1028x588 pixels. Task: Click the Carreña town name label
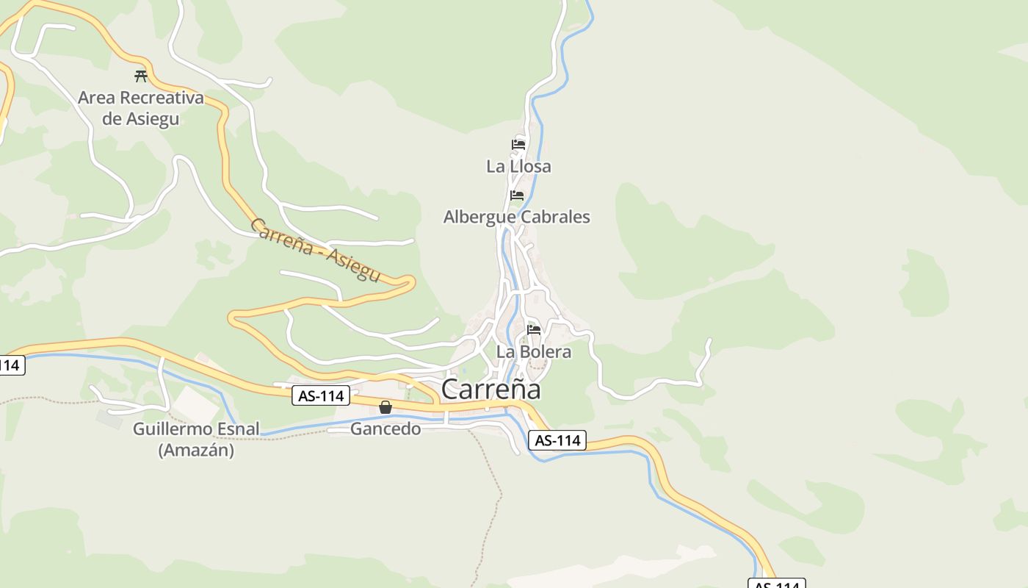(491, 389)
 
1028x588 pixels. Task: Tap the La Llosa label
(518, 167)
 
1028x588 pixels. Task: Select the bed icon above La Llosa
(518, 144)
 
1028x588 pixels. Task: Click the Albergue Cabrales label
(516, 217)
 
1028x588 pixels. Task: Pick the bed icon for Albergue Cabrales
(517, 195)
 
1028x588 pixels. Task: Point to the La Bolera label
(534, 352)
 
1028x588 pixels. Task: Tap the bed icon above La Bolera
(534, 329)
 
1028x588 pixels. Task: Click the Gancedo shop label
(385, 429)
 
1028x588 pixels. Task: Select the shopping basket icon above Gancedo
(385, 407)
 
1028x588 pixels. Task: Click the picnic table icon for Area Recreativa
(141, 76)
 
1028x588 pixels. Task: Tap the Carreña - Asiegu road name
(315, 250)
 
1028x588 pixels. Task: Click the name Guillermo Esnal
(196, 429)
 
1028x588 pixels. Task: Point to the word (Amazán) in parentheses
(196, 450)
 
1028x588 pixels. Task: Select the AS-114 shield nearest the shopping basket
(321, 395)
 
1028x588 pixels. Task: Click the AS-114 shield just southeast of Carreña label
(557, 440)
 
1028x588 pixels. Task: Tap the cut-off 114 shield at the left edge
(11, 365)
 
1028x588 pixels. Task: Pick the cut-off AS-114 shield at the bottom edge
(777, 584)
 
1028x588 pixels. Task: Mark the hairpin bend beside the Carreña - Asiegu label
(410, 281)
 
